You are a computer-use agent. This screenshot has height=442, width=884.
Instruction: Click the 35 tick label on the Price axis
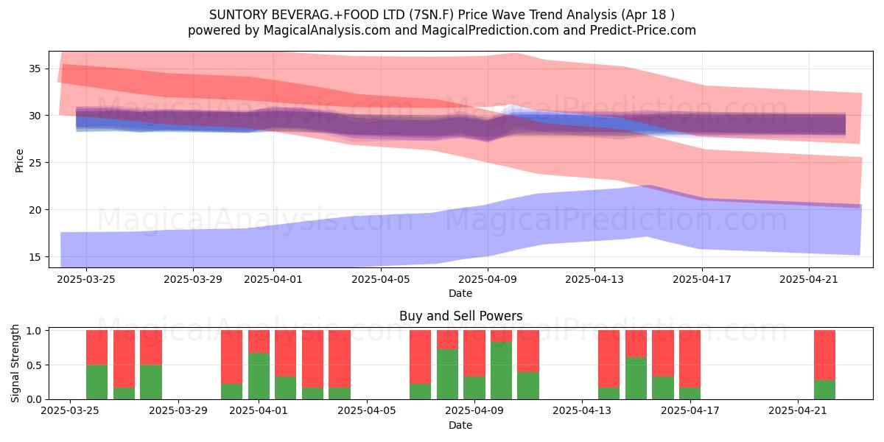click(35, 69)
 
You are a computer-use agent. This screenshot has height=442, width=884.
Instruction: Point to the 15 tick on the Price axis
click(35, 257)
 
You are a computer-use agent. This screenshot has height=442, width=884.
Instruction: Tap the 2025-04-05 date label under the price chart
click(381, 279)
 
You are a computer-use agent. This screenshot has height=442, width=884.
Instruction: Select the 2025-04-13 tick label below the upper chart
click(594, 279)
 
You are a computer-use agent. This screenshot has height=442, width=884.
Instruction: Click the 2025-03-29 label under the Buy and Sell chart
click(178, 410)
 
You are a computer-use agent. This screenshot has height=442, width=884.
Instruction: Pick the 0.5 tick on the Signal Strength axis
click(34, 365)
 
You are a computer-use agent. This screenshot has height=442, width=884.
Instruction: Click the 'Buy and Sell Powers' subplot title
click(460, 316)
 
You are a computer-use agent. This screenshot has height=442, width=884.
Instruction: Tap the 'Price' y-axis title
click(19, 161)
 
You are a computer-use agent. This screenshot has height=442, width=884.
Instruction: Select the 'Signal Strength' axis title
click(15, 363)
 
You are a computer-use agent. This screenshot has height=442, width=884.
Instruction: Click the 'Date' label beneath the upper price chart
click(460, 293)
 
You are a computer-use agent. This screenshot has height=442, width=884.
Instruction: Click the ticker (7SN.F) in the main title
click(432, 15)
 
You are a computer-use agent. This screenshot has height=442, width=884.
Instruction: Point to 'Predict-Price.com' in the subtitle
click(643, 30)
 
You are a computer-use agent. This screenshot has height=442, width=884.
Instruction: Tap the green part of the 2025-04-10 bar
click(501, 371)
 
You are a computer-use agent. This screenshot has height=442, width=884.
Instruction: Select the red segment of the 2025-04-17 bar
click(690, 359)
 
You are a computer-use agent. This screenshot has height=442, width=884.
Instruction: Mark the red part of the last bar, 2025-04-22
click(825, 355)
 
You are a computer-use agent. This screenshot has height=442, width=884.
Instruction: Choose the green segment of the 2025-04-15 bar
click(636, 378)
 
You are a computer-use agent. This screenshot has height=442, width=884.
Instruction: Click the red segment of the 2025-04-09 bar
click(474, 353)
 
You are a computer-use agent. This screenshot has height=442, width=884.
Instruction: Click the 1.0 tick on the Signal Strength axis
click(34, 330)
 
